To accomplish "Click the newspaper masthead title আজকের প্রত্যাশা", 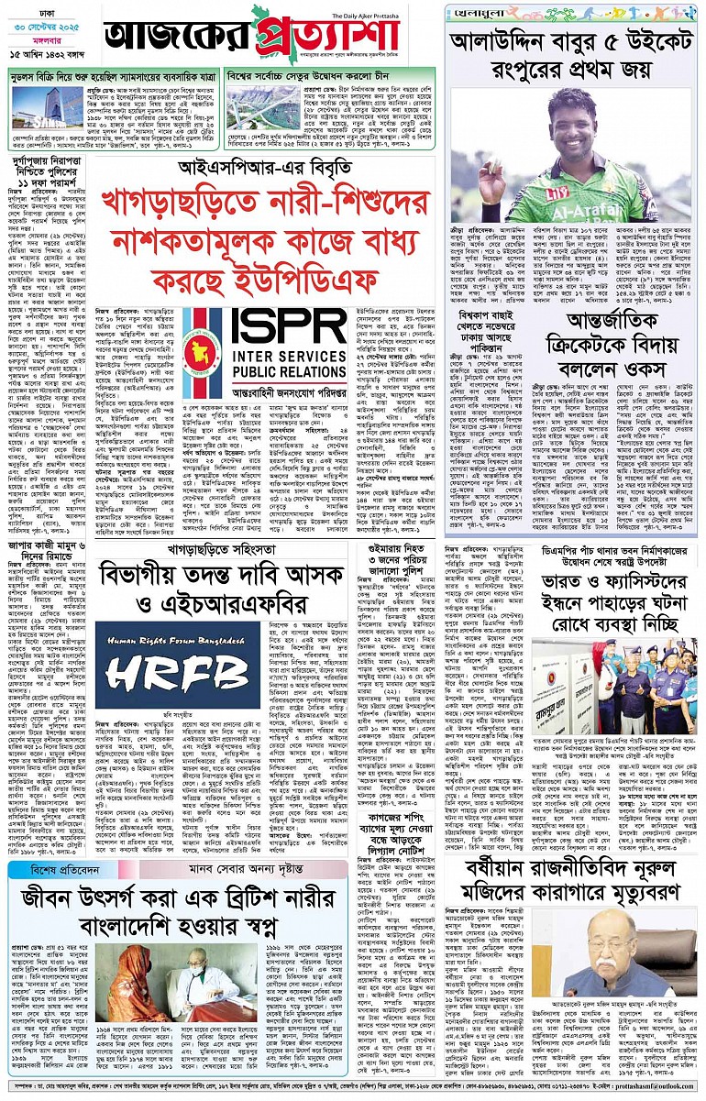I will [x=266, y=41].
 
